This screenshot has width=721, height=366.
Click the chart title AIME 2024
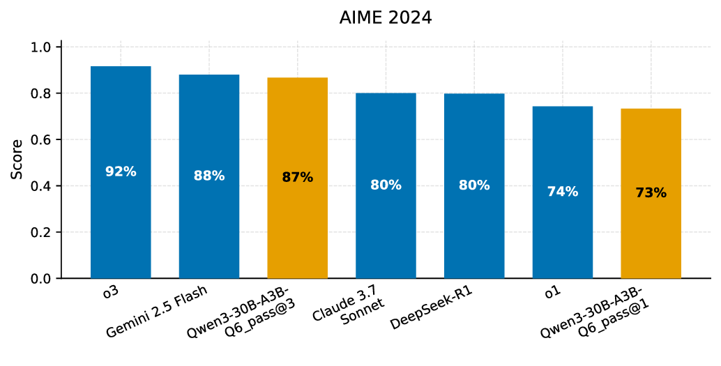[386, 18]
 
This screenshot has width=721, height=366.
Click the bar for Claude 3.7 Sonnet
[386, 230]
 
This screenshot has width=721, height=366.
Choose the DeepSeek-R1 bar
[474, 230]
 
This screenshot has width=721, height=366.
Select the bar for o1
[563, 230]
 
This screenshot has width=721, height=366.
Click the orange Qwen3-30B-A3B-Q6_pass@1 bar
[651, 237]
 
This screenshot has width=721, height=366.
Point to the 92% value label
[121, 171]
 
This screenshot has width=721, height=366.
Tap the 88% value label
[209, 176]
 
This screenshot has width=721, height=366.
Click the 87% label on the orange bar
[298, 178]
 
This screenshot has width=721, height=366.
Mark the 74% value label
[563, 192]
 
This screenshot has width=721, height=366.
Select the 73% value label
[651, 193]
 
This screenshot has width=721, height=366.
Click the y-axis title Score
[17, 159]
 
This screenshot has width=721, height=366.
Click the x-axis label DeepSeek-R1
[432, 307]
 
